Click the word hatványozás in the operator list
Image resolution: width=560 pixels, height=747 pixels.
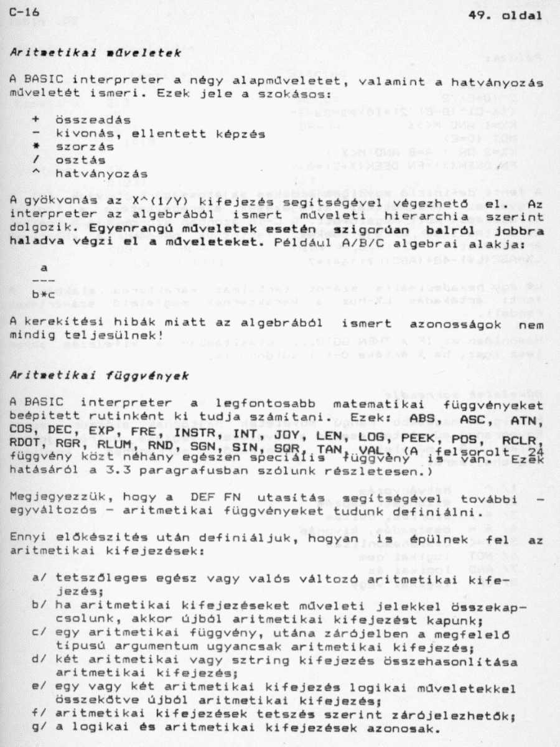click(102, 174)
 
